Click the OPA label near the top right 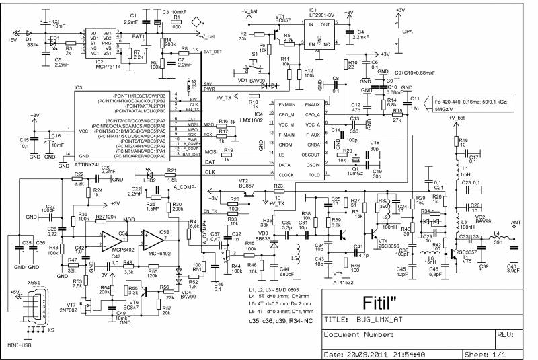coord(408,31)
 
